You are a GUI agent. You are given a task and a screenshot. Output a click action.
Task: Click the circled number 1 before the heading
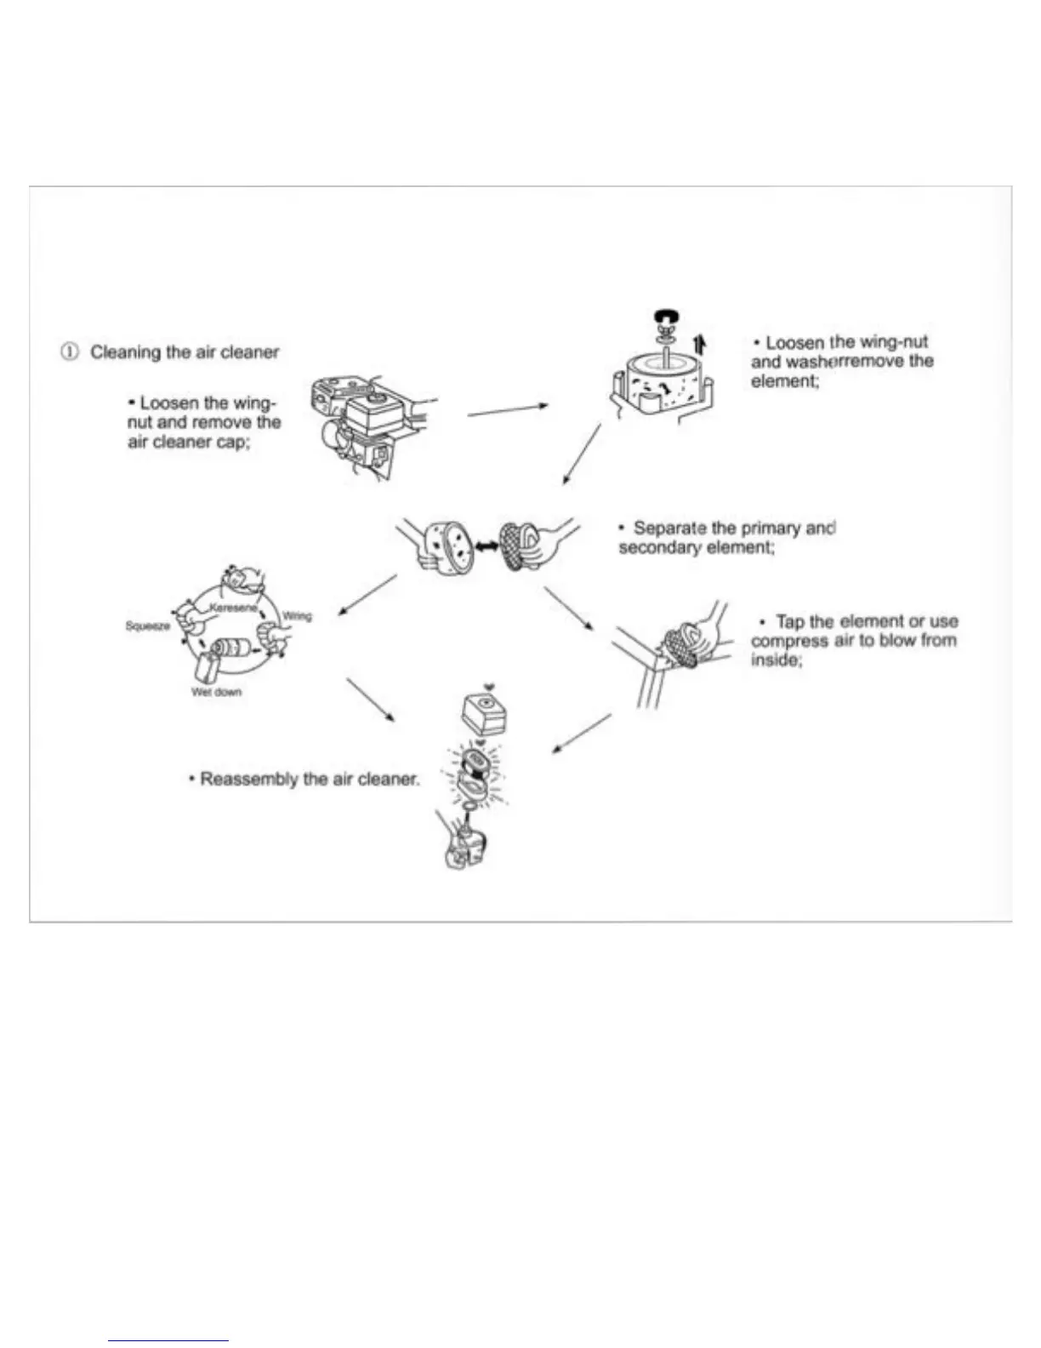(x=70, y=351)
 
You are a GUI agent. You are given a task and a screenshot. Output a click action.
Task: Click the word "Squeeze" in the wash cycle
(x=147, y=625)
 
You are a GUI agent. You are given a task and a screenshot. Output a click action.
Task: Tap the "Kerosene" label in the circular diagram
(x=232, y=608)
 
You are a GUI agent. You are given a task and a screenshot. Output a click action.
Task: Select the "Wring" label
(x=297, y=616)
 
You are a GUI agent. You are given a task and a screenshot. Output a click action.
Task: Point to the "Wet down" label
(x=216, y=692)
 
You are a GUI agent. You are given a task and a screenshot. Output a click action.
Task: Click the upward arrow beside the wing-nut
(x=699, y=344)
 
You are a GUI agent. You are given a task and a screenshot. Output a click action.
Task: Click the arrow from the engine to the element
(x=508, y=410)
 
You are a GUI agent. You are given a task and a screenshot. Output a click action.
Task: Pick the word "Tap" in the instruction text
(x=790, y=621)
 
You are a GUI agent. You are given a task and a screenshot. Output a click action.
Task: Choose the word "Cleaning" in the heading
(x=126, y=351)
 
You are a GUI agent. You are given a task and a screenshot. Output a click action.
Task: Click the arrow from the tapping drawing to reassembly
(x=582, y=733)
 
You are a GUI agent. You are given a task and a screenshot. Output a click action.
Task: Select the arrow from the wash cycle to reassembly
(x=370, y=700)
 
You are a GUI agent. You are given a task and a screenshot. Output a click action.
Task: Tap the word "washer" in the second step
(x=812, y=362)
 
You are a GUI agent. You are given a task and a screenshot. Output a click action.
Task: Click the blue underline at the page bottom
(x=168, y=1340)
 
